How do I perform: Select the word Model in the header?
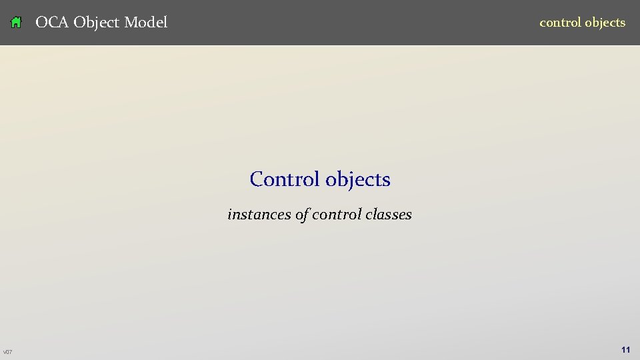(x=146, y=22)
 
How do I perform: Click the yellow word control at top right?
(x=560, y=22)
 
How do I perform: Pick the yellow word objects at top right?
(x=605, y=23)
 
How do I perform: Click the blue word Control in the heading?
(x=285, y=179)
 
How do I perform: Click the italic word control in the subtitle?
(x=337, y=214)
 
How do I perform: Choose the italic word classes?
(x=389, y=214)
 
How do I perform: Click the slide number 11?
(x=625, y=349)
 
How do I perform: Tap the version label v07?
(x=7, y=352)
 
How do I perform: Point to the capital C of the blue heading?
(x=257, y=179)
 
